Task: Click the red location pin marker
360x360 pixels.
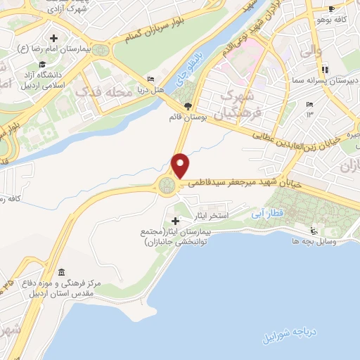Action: pyautogui.click(x=181, y=166)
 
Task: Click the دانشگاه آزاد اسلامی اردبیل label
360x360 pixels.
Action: pyautogui.click(x=40, y=78)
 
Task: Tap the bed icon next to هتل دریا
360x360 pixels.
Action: pyautogui.click(x=150, y=79)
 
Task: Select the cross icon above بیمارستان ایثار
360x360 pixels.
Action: pyautogui.click(x=175, y=221)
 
